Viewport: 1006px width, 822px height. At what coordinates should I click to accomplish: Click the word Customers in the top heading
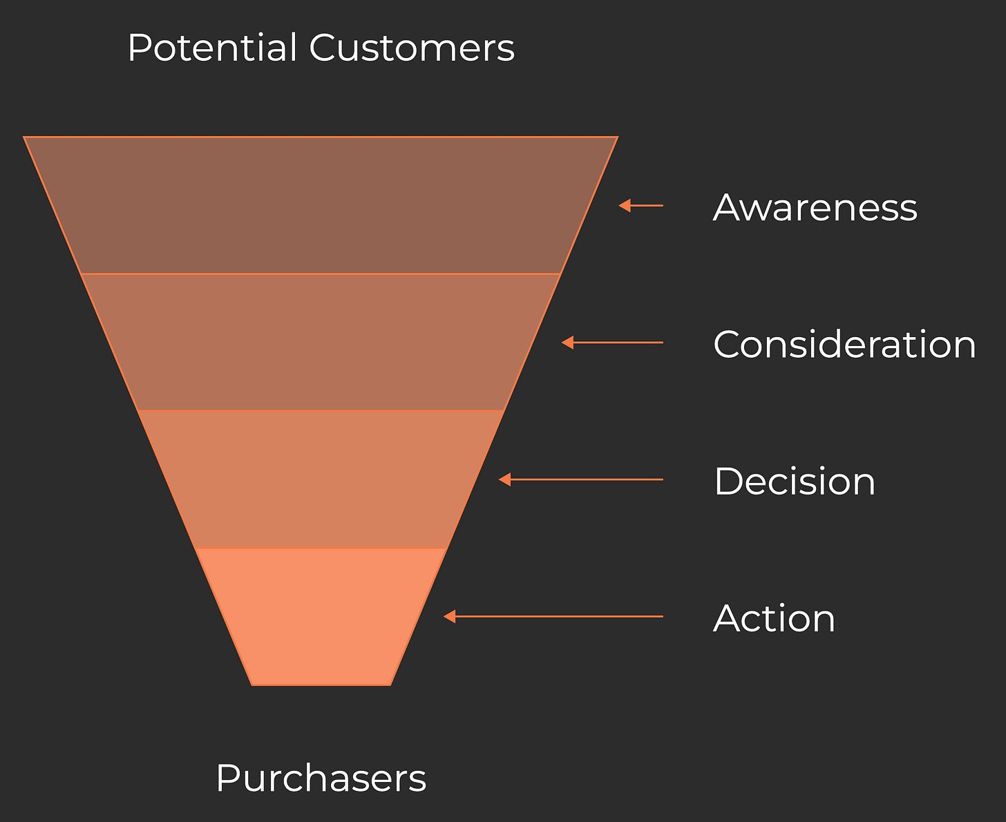tap(412, 48)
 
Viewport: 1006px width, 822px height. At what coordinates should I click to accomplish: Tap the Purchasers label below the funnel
tap(321, 778)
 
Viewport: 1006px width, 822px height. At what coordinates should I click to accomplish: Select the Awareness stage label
tap(815, 207)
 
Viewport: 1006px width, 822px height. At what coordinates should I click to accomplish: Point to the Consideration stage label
tap(844, 343)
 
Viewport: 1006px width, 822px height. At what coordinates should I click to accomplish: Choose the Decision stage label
tap(795, 481)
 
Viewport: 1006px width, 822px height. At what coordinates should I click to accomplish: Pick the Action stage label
tap(774, 618)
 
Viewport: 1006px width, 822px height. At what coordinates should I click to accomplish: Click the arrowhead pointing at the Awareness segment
tap(625, 205)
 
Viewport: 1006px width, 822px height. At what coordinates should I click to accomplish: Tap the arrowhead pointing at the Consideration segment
tap(567, 342)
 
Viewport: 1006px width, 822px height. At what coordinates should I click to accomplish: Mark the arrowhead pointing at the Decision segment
tap(505, 479)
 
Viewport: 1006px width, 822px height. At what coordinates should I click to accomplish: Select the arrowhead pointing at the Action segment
tap(449, 616)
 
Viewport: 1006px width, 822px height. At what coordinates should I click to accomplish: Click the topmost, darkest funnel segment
tap(321, 205)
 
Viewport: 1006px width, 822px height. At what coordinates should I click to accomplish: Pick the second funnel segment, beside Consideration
tap(321, 342)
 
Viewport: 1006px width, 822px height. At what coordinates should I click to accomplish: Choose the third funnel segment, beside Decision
tap(321, 479)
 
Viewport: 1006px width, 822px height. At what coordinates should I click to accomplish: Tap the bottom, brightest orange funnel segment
tap(321, 616)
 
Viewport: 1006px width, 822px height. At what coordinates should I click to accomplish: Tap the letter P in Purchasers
tap(227, 778)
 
